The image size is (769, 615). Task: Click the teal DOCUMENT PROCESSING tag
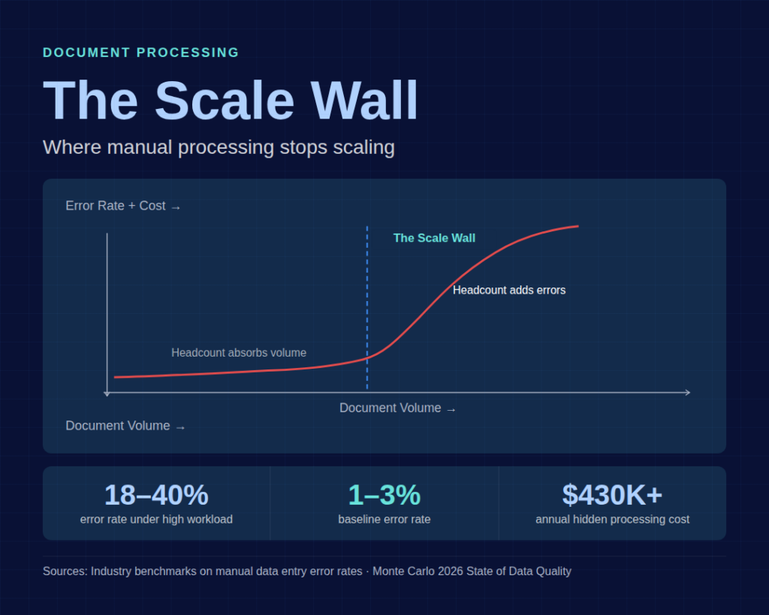(x=141, y=53)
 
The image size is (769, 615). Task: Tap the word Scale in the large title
(x=225, y=101)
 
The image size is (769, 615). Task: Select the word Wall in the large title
(x=363, y=101)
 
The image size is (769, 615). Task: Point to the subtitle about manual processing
(x=219, y=147)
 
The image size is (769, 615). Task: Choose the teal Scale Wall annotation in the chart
(x=434, y=238)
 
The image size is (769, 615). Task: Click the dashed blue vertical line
(x=367, y=300)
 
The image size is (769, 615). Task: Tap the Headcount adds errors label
(x=509, y=290)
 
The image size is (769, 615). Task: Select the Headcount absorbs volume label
(x=239, y=353)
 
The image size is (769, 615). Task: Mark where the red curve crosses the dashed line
(x=367, y=358)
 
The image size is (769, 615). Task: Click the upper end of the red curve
(x=577, y=226)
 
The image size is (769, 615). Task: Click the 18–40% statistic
(x=156, y=496)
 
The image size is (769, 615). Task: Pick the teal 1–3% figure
(x=384, y=496)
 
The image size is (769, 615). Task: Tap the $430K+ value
(x=612, y=496)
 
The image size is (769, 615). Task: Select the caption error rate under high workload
(x=156, y=520)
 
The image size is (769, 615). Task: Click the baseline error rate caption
(x=384, y=520)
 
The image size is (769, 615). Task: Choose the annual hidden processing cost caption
(x=612, y=520)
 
